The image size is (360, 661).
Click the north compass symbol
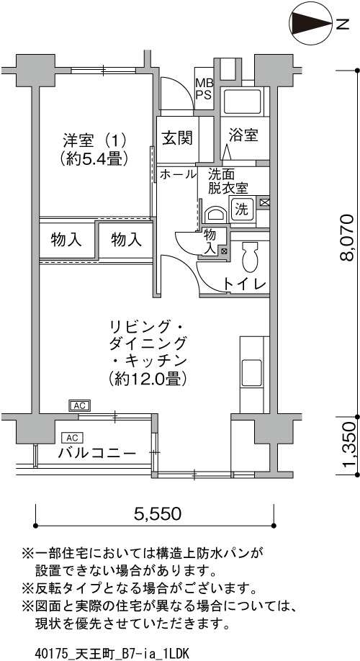tap(311, 24)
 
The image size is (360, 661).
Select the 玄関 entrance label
tap(177, 138)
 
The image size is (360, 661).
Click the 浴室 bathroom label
tap(243, 136)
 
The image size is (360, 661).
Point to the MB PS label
tap(204, 89)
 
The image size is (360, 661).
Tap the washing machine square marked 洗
tap(241, 210)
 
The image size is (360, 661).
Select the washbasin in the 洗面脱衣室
tap(215, 214)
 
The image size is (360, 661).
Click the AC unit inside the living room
tap(80, 405)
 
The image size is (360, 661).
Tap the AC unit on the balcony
tap(73, 437)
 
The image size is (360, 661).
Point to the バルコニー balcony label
tap(97, 454)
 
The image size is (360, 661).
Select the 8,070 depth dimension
tap(349, 238)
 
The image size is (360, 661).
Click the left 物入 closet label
tap(66, 240)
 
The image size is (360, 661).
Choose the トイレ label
tap(246, 284)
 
